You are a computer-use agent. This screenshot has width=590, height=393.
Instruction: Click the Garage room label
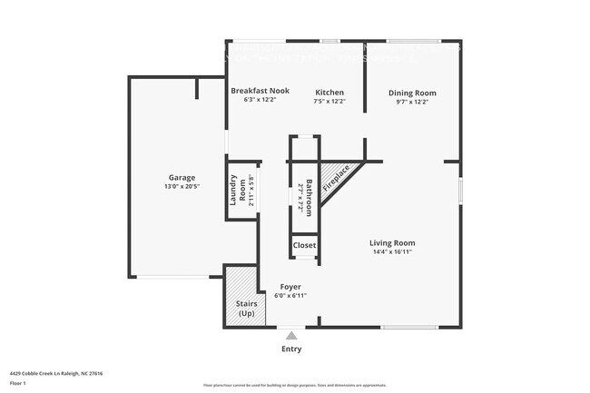tap(182, 177)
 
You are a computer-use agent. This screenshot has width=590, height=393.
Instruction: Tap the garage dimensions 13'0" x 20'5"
tap(182, 186)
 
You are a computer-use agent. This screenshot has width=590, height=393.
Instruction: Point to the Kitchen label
tap(329, 93)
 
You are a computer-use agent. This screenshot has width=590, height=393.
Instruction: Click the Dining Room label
tap(412, 93)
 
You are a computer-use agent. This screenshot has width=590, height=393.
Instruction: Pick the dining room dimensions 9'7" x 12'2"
tap(412, 102)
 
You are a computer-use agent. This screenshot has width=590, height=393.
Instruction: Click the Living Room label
tap(392, 242)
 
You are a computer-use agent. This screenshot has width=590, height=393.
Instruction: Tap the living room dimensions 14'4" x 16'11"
tap(392, 251)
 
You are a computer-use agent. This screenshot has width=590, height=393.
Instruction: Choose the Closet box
tap(304, 245)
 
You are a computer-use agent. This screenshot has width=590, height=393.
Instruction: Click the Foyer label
tap(290, 287)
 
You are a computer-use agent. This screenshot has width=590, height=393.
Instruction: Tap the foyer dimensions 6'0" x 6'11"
tap(290, 296)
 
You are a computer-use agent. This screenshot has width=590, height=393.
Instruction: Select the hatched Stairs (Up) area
tap(241, 297)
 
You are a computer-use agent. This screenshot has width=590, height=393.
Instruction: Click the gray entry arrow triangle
tap(290, 335)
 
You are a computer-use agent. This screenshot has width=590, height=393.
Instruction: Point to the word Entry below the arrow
tap(291, 349)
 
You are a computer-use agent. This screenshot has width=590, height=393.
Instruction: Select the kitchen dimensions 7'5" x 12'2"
tap(329, 102)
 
